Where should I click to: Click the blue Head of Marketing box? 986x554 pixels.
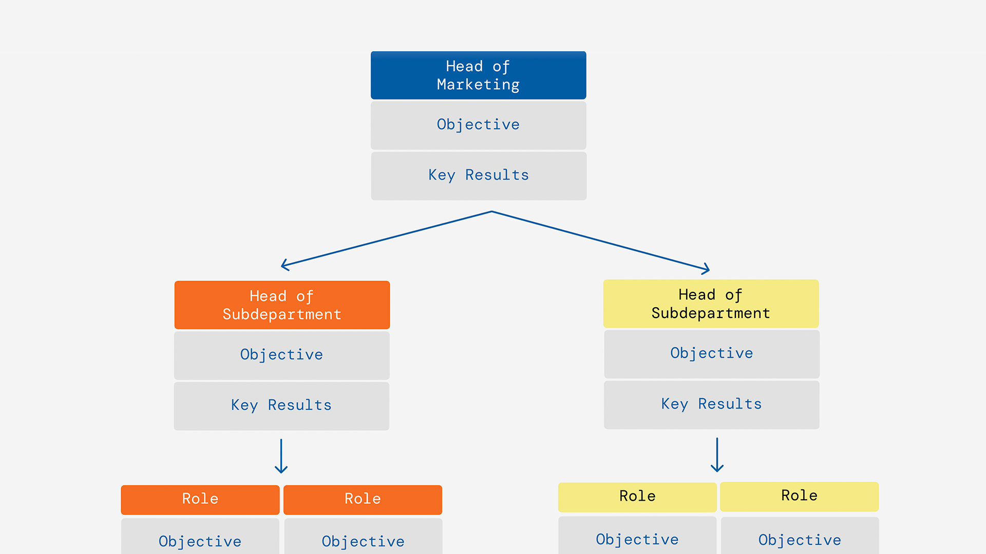click(x=478, y=75)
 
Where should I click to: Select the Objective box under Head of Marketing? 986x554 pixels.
click(x=478, y=125)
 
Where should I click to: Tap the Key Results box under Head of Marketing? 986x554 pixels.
click(x=478, y=175)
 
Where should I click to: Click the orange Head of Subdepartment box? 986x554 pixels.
click(x=282, y=305)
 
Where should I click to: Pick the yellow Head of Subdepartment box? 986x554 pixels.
click(x=711, y=304)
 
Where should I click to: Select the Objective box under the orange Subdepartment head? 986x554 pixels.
click(x=281, y=355)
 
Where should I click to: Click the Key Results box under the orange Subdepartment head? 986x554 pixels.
click(x=281, y=405)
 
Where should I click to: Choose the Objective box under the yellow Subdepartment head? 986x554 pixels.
click(x=711, y=353)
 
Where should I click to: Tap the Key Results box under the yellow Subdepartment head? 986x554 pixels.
click(x=711, y=404)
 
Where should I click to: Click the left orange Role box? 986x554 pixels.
click(x=200, y=499)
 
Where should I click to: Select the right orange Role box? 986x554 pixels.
click(x=363, y=499)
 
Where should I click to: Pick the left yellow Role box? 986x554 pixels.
click(x=637, y=497)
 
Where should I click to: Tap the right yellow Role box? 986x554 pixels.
click(x=799, y=496)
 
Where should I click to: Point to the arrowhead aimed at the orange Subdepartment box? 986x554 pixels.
click(x=284, y=265)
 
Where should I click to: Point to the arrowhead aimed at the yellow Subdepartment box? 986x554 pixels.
click(x=707, y=269)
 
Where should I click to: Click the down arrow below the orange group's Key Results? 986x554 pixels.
click(x=281, y=457)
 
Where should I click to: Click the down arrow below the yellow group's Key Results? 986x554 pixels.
click(x=717, y=456)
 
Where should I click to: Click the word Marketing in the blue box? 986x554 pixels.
click(x=478, y=85)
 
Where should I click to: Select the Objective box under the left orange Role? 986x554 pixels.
click(x=200, y=539)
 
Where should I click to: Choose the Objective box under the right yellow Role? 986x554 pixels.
click(x=800, y=538)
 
